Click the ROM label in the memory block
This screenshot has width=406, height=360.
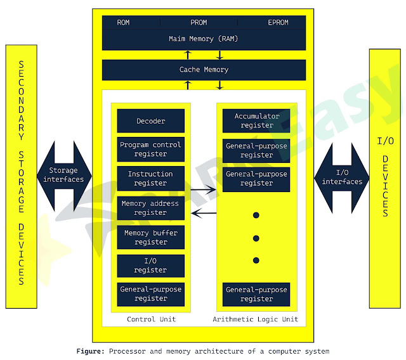123,23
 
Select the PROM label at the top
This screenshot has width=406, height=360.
199,23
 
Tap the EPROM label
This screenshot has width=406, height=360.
277,23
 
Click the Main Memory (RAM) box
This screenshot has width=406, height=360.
204,39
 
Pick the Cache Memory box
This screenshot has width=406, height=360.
204,70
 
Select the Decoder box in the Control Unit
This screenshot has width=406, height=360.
151,121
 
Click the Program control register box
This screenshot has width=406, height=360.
151,149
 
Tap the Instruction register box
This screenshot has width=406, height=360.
151,178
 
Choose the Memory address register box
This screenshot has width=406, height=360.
151,208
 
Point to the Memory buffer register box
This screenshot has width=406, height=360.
151,237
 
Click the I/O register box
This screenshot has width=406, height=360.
151,266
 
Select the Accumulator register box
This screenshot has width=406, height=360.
256,120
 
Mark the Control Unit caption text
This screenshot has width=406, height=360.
151,319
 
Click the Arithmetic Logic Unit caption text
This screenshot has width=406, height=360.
256,319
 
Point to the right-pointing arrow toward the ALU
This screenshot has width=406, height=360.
204,189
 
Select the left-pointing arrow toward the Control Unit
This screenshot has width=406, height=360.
204,213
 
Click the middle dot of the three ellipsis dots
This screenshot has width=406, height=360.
256,238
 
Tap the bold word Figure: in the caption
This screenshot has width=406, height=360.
90,351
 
